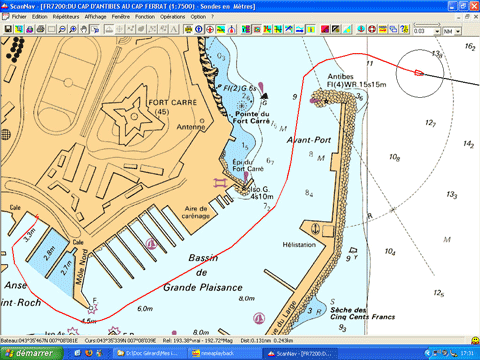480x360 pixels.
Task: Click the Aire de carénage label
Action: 203,213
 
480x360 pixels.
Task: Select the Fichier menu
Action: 19,17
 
